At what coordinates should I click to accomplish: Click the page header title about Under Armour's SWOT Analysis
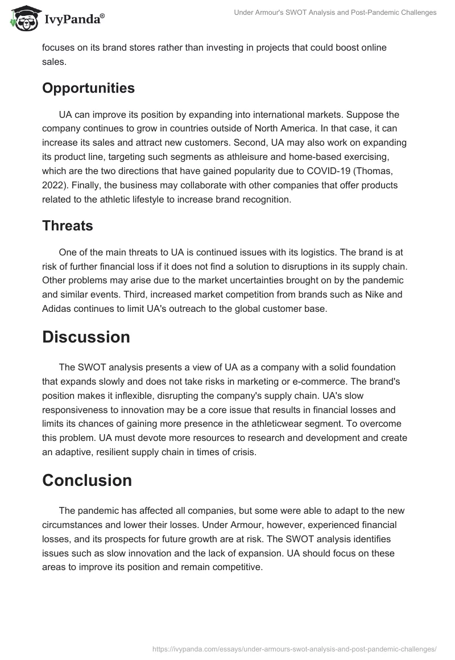coord(335,13)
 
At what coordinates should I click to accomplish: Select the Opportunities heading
coord(88,88)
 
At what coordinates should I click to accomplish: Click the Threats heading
coord(68,226)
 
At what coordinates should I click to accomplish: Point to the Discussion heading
coord(86,337)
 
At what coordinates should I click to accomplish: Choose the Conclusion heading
coord(87,480)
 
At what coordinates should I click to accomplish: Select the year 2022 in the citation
coord(53,186)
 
